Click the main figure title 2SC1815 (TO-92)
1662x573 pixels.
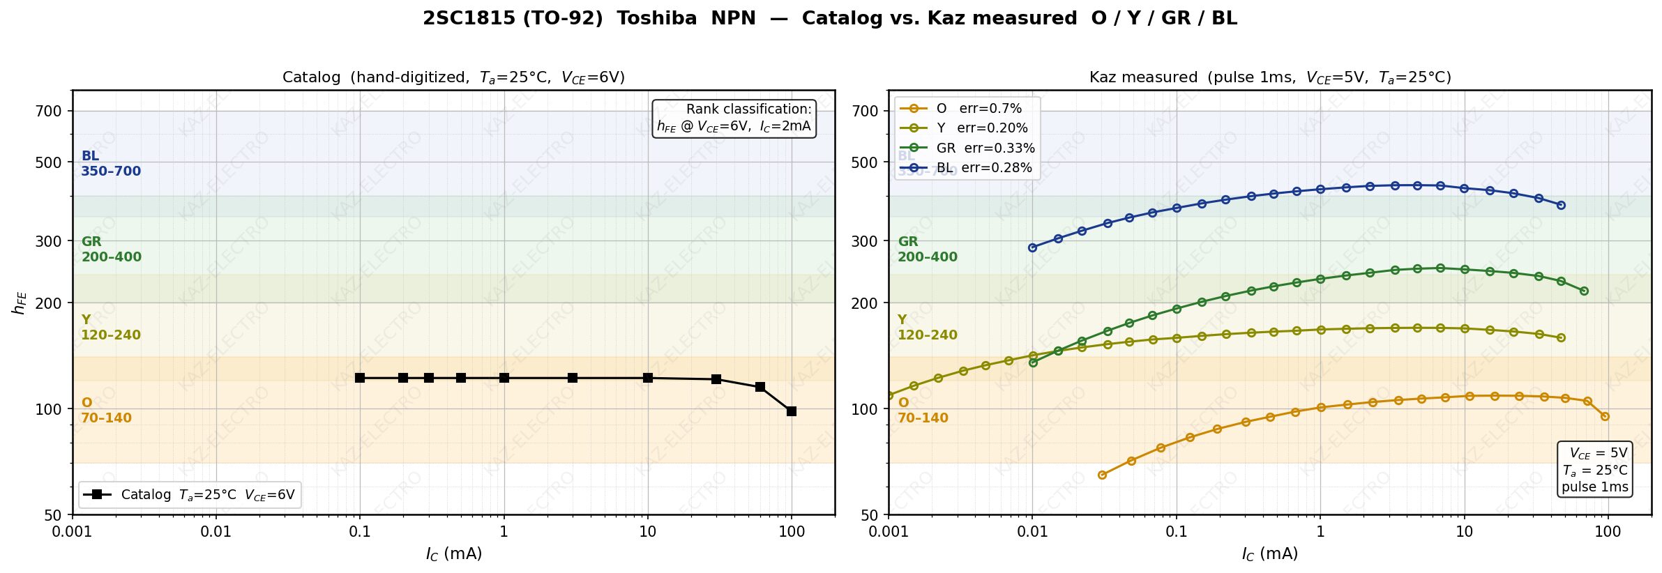(830, 18)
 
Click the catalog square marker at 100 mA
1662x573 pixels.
(791, 411)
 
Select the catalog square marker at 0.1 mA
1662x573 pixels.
(360, 378)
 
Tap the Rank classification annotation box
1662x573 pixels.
(734, 118)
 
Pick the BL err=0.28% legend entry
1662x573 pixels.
(983, 168)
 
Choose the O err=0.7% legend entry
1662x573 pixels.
(979, 109)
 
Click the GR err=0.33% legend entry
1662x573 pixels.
(985, 148)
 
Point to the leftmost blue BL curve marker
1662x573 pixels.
(1032, 247)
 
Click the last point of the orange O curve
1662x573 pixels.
(1605, 416)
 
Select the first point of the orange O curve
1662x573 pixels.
(1102, 475)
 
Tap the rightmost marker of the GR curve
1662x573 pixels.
(1584, 291)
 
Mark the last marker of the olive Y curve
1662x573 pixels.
(1561, 337)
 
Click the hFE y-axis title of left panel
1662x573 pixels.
(20, 303)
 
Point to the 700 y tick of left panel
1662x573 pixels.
(49, 111)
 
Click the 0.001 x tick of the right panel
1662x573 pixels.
(889, 532)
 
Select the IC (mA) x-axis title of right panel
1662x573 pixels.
(1269, 554)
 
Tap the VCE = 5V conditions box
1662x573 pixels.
(1594, 470)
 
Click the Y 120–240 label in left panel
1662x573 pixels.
(110, 328)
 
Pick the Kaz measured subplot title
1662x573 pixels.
(1269, 77)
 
